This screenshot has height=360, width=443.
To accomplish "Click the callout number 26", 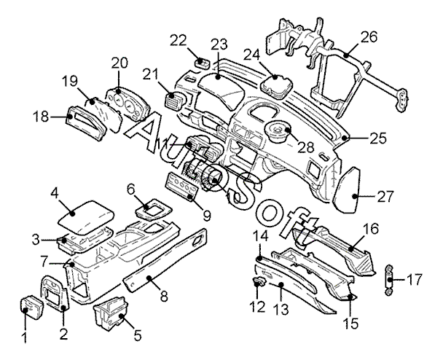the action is [369, 37].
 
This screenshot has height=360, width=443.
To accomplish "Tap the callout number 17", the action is [415, 279].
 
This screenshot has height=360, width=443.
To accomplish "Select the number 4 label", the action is [55, 194].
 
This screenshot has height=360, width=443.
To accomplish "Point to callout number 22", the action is [179, 41].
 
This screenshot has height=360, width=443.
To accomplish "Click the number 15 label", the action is [350, 323].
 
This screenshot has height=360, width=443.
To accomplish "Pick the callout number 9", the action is [207, 216].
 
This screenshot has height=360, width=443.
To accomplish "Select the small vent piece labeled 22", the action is [202, 63].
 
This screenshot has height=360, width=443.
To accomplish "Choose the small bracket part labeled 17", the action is [389, 279].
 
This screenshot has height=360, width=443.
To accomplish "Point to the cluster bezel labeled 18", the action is [87, 123].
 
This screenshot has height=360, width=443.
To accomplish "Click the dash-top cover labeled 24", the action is [277, 83].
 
